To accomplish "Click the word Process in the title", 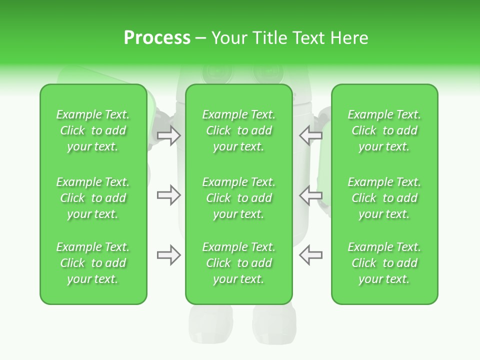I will point(157,38).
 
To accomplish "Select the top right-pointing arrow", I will point(169,135).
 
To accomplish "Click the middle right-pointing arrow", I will point(169,195).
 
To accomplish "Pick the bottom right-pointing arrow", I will point(169,255).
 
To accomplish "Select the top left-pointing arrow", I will point(310,135).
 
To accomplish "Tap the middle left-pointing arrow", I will point(310,195).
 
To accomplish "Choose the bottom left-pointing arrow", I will point(310,255).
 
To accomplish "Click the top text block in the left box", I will point(93,130).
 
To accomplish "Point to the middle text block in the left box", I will point(93,198).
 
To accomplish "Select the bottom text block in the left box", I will point(93,263).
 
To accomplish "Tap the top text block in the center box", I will point(238,130).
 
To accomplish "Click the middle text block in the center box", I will point(238,198).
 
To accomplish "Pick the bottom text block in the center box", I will point(238,263).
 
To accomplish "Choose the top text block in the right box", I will point(384,130).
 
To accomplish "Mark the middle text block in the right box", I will point(384,198).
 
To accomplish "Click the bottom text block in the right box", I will point(384,263).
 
